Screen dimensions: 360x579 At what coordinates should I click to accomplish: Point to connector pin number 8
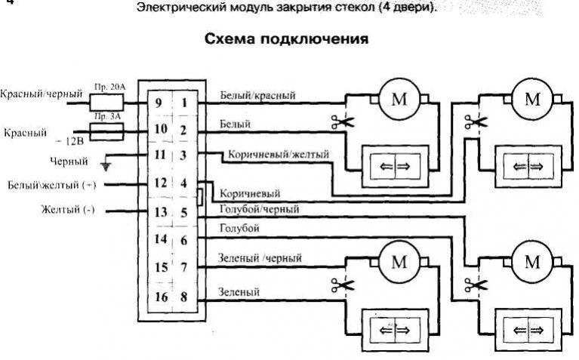(183, 298)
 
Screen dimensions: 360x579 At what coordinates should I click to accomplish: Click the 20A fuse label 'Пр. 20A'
(110, 88)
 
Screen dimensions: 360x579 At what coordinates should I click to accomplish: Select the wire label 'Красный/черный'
(41, 95)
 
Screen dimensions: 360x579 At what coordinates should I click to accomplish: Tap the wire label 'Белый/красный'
(257, 96)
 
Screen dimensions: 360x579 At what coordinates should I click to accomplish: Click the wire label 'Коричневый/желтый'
(279, 155)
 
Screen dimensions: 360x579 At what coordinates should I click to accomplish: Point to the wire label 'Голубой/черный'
(258, 209)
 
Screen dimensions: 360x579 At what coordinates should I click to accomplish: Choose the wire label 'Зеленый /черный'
(260, 259)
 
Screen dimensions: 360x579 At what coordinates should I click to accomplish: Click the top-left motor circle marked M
(397, 99)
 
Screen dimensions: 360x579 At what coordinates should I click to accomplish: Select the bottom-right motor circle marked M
(532, 262)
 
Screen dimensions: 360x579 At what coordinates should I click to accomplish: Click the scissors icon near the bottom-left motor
(337, 285)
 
